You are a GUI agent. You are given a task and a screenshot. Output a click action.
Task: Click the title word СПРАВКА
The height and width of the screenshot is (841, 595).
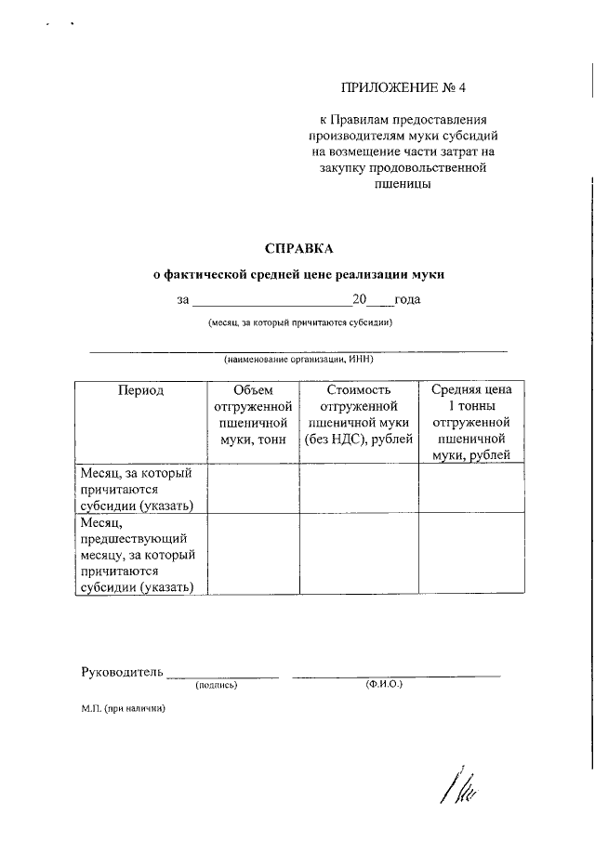click(x=298, y=248)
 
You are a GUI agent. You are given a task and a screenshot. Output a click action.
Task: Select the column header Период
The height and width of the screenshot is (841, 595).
click(x=140, y=390)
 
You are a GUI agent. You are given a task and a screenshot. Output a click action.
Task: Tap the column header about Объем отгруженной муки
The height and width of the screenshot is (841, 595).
click(x=252, y=414)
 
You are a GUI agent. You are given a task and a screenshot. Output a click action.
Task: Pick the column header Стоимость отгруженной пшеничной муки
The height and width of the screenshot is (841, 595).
click(x=358, y=414)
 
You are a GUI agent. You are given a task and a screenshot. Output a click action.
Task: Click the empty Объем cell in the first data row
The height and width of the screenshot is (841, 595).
click(x=252, y=489)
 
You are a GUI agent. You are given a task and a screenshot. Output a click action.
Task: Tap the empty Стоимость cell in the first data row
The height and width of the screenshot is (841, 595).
click(x=358, y=489)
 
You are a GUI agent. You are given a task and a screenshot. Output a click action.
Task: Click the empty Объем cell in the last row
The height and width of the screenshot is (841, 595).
click(x=252, y=555)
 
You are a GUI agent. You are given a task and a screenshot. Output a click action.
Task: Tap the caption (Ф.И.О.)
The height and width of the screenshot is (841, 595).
click(x=383, y=685)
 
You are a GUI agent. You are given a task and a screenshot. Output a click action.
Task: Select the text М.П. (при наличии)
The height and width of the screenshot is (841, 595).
click(x=123, y=708)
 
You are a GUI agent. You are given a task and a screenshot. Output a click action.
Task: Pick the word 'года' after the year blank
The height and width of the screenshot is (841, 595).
click(x=408, y=299)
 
